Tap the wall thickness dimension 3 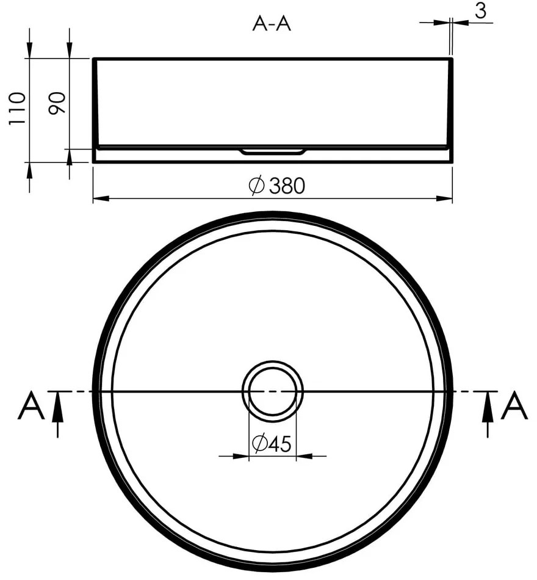(483, 12)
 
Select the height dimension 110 (16, 108)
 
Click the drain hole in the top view (273, 390)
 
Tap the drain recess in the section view (272, 151)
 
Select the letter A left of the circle (31, 407)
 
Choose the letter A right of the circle (514, 407)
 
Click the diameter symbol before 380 (256, 186)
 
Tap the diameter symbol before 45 (258, 444)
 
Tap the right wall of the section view (450, 104)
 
